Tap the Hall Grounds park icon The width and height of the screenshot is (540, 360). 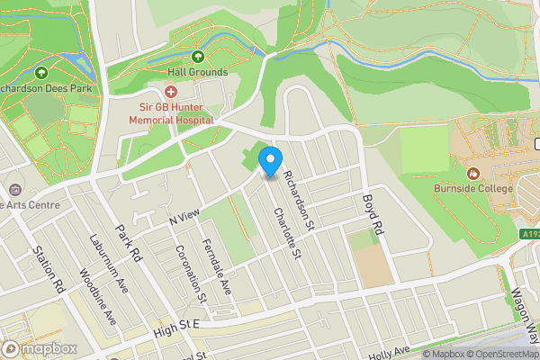[197, 56]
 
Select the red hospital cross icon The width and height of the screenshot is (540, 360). [171, 91]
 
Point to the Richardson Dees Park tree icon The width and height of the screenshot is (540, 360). [40, 72]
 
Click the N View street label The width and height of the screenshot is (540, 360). [183, 216]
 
